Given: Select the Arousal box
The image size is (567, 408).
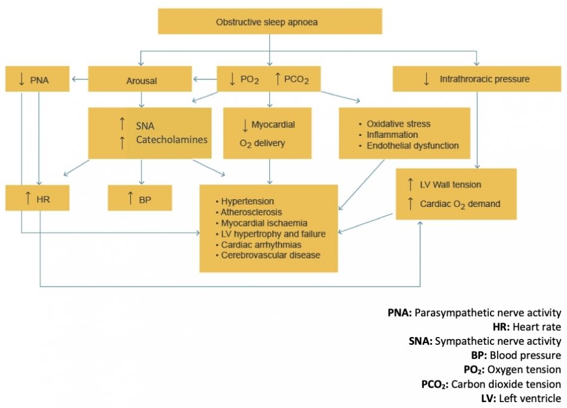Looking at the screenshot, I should [x=141, y=79].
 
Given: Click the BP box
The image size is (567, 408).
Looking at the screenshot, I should [x=140, y=197].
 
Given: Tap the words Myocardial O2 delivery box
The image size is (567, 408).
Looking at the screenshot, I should [x=267, y=133].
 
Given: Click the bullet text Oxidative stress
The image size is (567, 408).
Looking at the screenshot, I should [x=398, y=124].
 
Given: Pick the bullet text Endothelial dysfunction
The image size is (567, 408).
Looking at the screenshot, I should [x=412, y=146].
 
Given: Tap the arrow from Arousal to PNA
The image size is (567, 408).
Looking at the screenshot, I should [x=78, y=79].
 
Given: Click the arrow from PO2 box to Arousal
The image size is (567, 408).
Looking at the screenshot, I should [x=204, y=79].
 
